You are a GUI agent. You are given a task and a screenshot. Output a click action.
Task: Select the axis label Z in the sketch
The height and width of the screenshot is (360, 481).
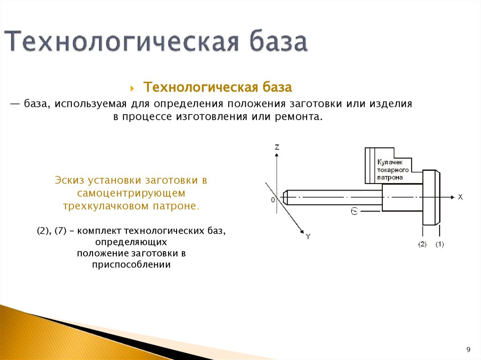point(277,147)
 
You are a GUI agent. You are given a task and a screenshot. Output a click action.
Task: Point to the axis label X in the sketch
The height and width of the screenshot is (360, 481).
point(460,198)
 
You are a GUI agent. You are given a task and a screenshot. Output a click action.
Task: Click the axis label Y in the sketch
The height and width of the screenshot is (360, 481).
point(308,237)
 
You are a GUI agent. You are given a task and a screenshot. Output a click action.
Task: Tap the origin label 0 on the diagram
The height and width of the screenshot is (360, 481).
point(272,200)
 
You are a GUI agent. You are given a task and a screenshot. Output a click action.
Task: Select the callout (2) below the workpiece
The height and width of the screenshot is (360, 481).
point(422,244)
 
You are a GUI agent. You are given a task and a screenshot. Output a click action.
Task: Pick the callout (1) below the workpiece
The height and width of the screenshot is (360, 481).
point(440,244)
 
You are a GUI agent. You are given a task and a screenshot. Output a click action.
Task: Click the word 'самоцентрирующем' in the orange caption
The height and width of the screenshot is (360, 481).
point(132,193)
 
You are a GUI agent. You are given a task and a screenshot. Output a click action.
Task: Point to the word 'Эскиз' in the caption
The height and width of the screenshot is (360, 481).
point(70,180)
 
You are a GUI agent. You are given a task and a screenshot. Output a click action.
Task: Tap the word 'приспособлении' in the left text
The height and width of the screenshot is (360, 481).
point(132,265)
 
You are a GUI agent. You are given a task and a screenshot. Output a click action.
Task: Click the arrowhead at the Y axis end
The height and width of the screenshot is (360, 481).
point(301,231)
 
